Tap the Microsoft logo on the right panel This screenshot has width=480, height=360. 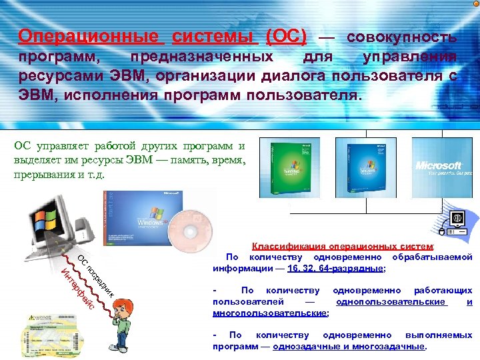click(x=438, y=165)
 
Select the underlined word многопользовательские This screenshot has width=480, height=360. click(x=269, y=312)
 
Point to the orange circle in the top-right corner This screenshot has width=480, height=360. click(x=475, y=4)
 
